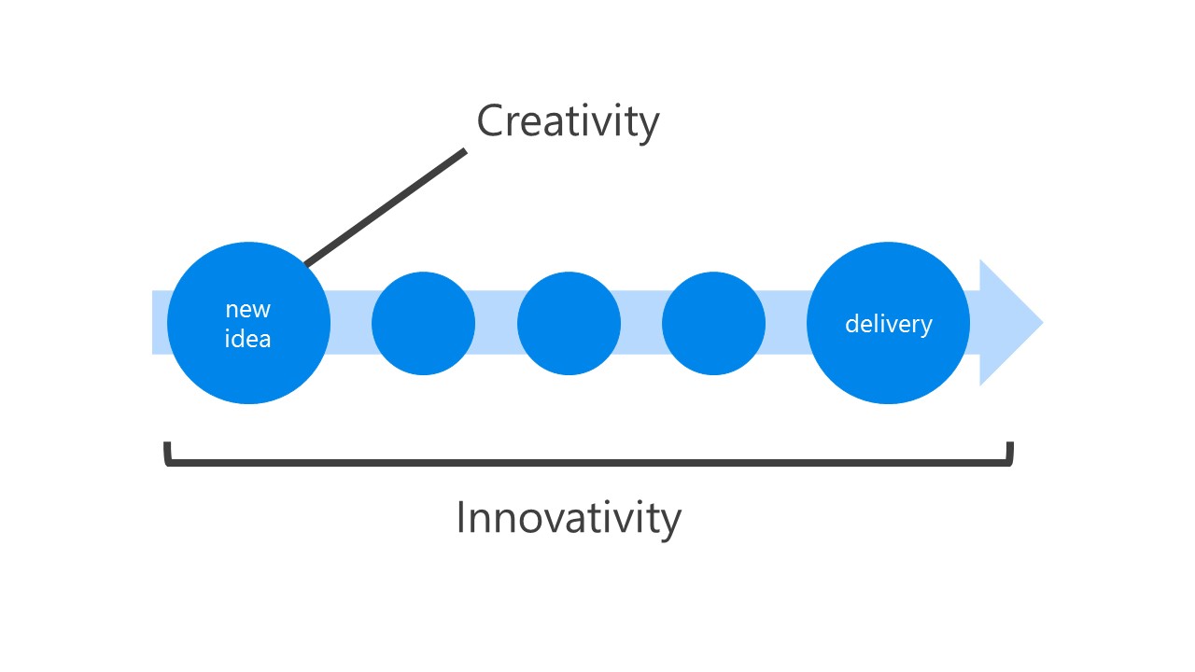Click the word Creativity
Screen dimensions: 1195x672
(568, 121)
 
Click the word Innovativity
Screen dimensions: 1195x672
(569, 518)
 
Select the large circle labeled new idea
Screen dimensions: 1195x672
(248, 323)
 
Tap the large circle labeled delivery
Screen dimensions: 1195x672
(888, 323)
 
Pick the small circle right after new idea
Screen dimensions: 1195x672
(423, 323)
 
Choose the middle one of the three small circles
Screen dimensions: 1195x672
(569, 323)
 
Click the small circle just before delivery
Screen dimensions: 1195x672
(714, 323)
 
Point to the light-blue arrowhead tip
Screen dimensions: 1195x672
(1043, 322)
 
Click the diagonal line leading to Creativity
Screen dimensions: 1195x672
(386, 207)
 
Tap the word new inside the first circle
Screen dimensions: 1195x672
(248, 310)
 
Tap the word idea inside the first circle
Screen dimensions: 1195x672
(248, 338)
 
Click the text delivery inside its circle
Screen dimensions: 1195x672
(889, 324)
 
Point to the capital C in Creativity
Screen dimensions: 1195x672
(490, 120)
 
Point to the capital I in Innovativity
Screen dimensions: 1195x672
(461, 517)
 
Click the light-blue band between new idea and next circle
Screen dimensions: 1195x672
(350, 322)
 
